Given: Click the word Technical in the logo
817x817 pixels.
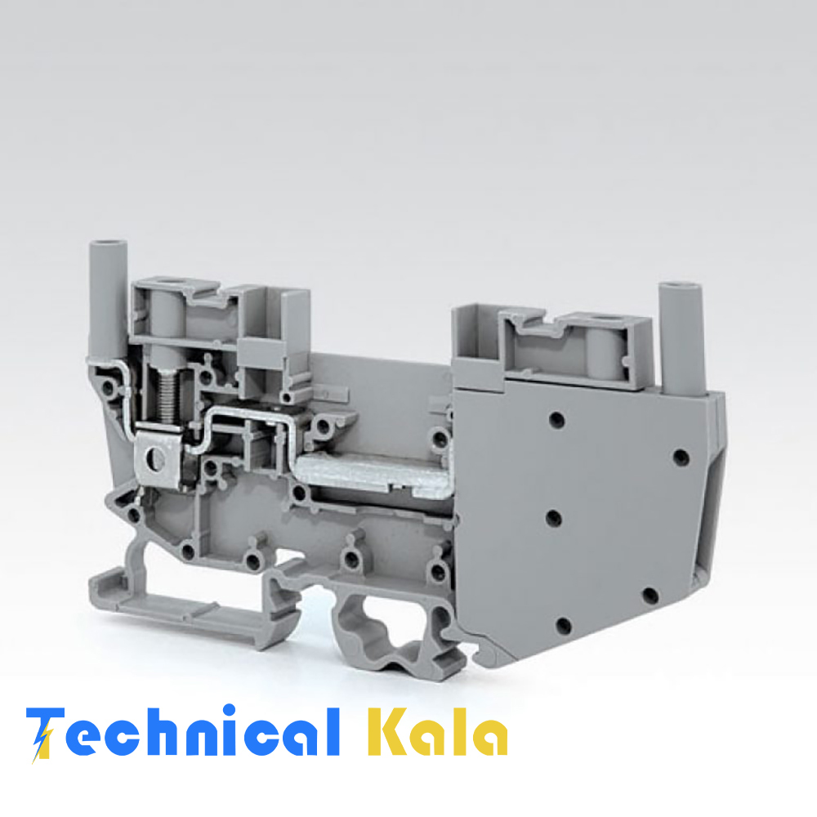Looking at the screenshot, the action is pyautogui.click(x=182, y=732).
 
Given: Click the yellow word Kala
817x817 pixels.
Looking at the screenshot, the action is pyautogui.click(x=437, y=731).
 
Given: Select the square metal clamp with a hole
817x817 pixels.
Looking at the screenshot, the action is pyautogui.click(x=158, y=459).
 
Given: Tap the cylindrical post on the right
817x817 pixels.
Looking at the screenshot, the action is pyautogui.click(x=681, y=340).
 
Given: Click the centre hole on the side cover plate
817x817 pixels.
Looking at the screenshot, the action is pyautogui.click(x=553, y=518).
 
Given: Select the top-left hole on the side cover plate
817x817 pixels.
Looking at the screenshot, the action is pyautogui.click(x=556, y=419).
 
